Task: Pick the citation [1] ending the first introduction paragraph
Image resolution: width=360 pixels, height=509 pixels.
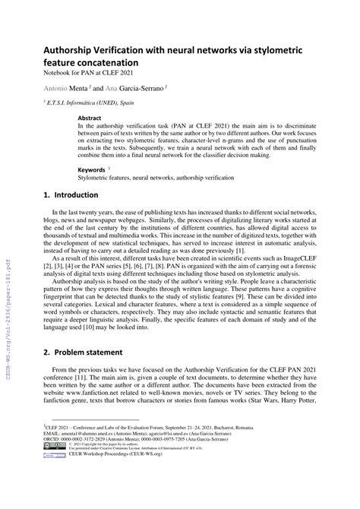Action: [x=239, y=271]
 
